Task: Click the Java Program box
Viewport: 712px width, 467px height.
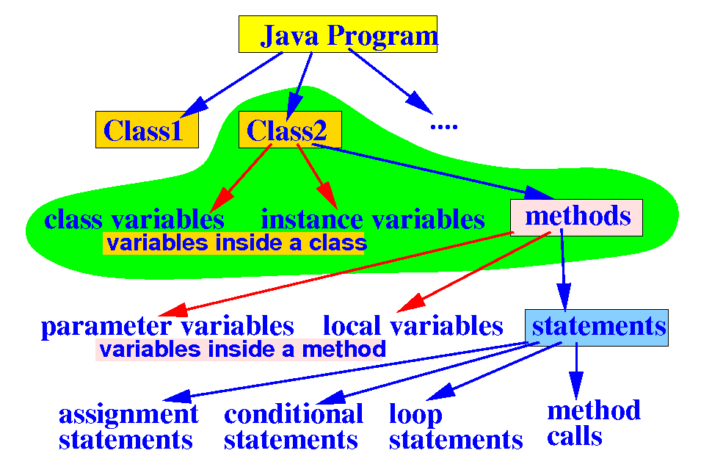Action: (x=338, y=35)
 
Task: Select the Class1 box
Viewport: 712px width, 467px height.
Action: (x=147, y=130)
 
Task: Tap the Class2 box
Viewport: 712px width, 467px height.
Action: (x=290, y=130)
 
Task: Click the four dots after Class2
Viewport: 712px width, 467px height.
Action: (x=443, y=126)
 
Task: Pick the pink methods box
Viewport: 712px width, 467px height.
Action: (x=576, y=217)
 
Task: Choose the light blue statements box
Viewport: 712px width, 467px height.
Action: (x=597, y=327)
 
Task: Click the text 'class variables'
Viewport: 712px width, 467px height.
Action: (x=134, y=220)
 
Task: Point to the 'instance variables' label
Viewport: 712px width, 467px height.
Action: (x=373, y=220)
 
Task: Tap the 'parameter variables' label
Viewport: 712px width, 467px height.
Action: (x=167, y=327)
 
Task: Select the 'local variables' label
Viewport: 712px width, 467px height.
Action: (x=413, y=327)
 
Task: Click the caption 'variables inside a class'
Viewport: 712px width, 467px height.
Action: (x=234, y=243)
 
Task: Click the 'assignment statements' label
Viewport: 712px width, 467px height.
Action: (x=128, y=427)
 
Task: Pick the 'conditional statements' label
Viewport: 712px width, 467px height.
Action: (x=293, y=427)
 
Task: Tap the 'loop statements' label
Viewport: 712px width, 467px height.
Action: (x=455, y=427)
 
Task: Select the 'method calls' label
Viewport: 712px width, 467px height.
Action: (x=593, y=423)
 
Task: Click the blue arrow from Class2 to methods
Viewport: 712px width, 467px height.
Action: (x=433, y=170)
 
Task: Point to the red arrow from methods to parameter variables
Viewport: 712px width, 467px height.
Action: (x=338, y=272)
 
